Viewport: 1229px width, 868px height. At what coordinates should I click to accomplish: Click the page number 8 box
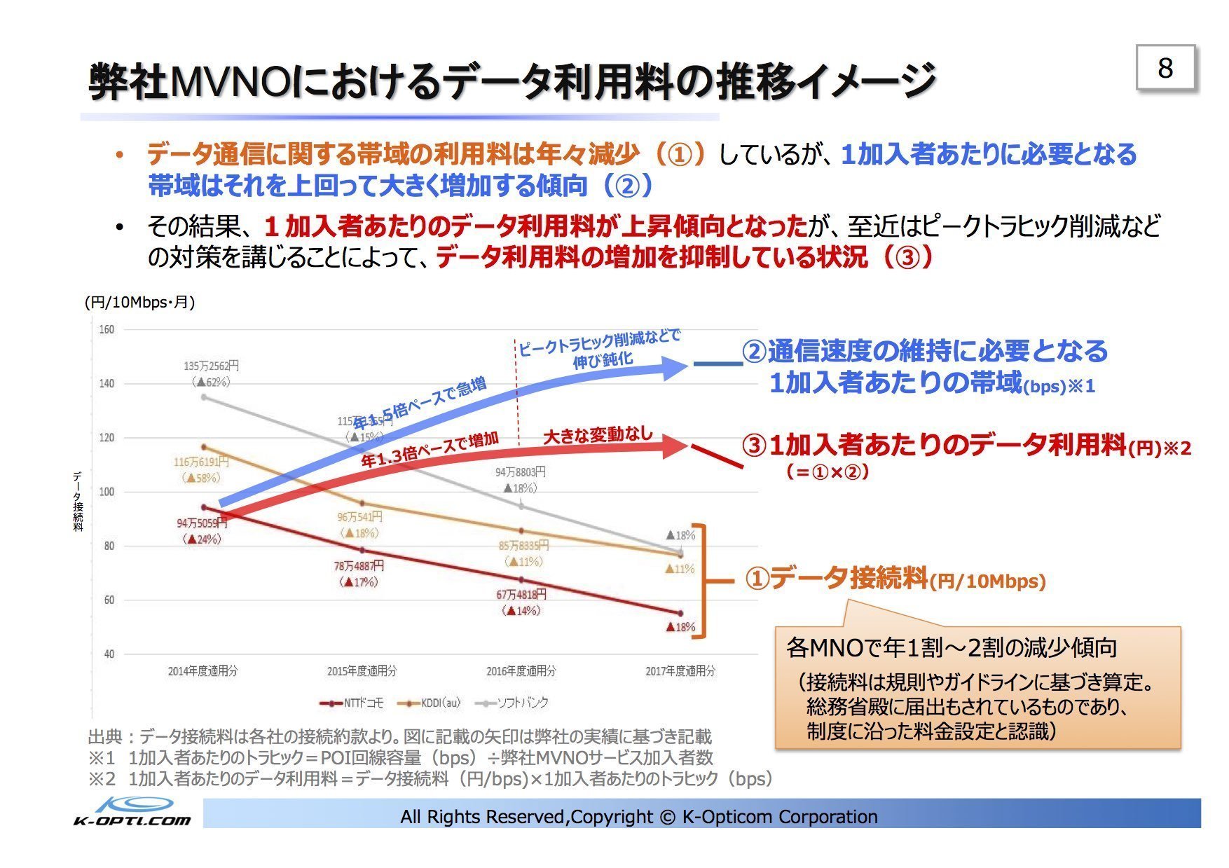1165,69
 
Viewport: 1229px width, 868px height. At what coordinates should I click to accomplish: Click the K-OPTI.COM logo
132,813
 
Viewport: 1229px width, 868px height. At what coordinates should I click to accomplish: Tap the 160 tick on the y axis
107,329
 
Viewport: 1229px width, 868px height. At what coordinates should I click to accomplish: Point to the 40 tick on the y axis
109,654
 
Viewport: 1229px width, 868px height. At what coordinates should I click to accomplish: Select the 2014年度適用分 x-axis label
202,671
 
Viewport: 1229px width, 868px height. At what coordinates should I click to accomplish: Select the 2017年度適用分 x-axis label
680,671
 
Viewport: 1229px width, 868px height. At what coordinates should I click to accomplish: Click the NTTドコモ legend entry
352,703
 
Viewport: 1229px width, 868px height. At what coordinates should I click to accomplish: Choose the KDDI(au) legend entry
430,703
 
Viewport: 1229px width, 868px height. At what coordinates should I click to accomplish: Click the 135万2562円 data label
211,366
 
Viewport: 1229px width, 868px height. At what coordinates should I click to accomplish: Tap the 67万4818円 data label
521,595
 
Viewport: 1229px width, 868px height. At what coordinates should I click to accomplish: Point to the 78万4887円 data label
359,566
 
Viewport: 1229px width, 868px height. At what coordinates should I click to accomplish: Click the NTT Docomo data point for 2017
680,614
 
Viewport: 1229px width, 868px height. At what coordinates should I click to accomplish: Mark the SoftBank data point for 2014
204,397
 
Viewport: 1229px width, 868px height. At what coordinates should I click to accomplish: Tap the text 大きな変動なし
598,435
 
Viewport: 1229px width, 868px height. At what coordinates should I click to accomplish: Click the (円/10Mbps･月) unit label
139,303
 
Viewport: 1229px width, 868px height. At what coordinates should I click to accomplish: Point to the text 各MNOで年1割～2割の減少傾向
951,647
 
